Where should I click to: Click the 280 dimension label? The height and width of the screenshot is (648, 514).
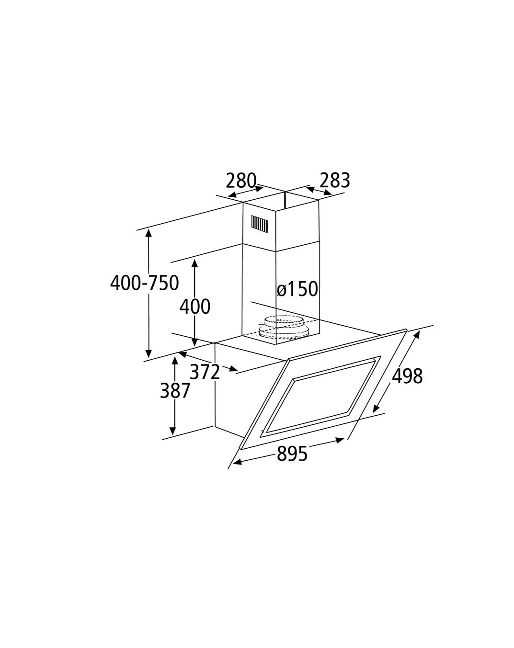click(241, 181)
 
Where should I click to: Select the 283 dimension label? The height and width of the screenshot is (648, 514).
click(335, 181)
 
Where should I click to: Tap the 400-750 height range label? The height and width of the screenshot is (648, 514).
click(145, 283)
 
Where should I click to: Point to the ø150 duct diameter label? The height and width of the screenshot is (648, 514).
click(297, 289)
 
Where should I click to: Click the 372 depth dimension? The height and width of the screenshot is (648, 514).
click(205, 372)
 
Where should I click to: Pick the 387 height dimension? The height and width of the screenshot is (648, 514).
click(175, 391)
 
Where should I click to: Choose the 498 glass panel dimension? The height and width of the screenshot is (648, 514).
click(407, 376)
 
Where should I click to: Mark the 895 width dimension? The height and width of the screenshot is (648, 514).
click(292, 454)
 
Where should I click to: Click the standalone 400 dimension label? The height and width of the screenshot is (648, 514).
click(195, 307)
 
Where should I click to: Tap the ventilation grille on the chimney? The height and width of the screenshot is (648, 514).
click(260, 225)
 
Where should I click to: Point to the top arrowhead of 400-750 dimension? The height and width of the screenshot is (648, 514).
click(148, 233)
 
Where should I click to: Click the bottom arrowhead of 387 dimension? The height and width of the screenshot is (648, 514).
click(172, 431)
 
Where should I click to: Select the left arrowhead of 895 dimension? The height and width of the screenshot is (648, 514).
click(237, 462)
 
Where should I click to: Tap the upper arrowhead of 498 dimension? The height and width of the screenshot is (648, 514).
click(417, 335)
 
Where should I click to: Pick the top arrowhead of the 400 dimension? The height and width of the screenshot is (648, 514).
click(194, 263)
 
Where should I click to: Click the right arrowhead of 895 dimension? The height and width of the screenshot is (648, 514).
click(340, 440)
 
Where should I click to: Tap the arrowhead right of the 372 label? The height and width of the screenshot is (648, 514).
click(234, 369)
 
